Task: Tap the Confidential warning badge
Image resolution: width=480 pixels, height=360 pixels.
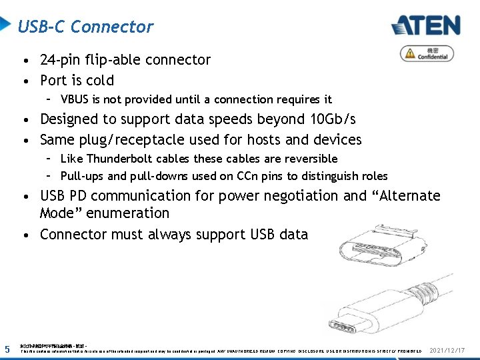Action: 427,53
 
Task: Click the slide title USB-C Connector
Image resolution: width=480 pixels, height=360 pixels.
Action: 85,27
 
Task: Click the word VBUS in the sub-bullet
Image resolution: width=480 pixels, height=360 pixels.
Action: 75,100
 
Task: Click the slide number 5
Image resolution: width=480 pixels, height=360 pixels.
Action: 7,349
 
